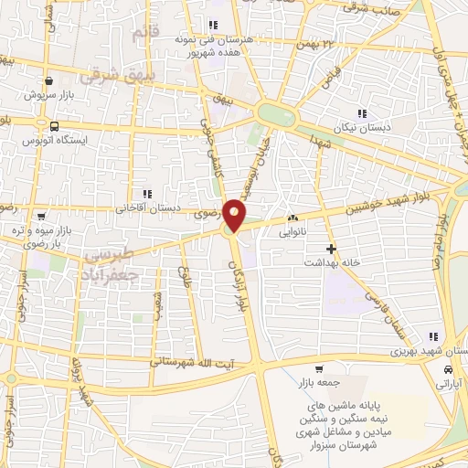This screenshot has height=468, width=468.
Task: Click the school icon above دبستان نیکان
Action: coord(362,114)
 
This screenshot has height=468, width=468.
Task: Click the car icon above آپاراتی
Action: coord(447,370)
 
